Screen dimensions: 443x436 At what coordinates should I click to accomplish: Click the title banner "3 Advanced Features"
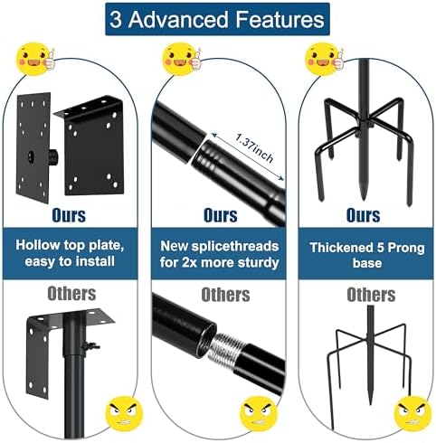[217, 18]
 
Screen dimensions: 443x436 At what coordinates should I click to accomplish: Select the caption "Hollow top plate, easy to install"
[71, 255]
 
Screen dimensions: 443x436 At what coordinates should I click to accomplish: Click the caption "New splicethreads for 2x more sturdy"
[217, 255]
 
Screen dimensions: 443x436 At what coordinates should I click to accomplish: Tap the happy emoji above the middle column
[180, 59]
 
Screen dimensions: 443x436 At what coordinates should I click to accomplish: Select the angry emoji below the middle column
[259, 414]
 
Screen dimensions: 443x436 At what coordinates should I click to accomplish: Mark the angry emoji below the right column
[412, 413]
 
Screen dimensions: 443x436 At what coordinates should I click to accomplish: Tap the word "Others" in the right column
[371, 295]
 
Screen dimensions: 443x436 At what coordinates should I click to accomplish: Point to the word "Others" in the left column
[71, 294]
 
